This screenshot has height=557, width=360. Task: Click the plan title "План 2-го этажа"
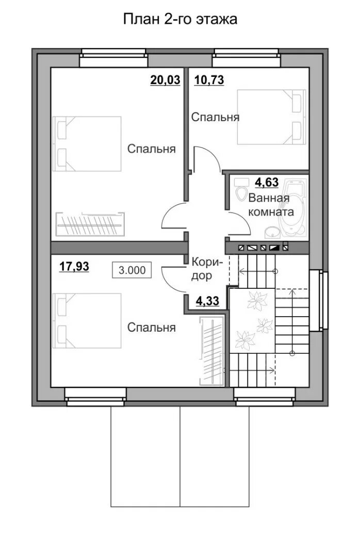180,19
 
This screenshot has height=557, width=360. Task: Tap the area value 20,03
165,80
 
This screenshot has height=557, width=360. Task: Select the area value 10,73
209,80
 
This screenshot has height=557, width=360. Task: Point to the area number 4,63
267,183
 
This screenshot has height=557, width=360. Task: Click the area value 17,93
74,267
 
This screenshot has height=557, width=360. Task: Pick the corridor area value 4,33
207,301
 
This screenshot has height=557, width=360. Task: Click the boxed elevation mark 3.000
132,270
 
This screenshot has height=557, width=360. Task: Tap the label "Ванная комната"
271,205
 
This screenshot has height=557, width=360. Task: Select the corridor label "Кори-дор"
206,269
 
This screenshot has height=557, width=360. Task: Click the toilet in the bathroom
242,189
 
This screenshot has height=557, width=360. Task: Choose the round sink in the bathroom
272,232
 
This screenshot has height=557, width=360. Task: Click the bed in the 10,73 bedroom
271,117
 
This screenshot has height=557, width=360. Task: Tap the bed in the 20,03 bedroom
87,144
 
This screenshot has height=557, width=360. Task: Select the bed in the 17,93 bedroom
87,321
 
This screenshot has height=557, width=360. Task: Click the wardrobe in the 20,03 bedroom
90,224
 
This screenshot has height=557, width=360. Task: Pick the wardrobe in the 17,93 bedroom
211,351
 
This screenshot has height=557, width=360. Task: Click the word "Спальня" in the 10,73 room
216,117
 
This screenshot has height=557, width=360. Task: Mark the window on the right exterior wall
318,301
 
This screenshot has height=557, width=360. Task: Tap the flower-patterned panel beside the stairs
252,320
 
